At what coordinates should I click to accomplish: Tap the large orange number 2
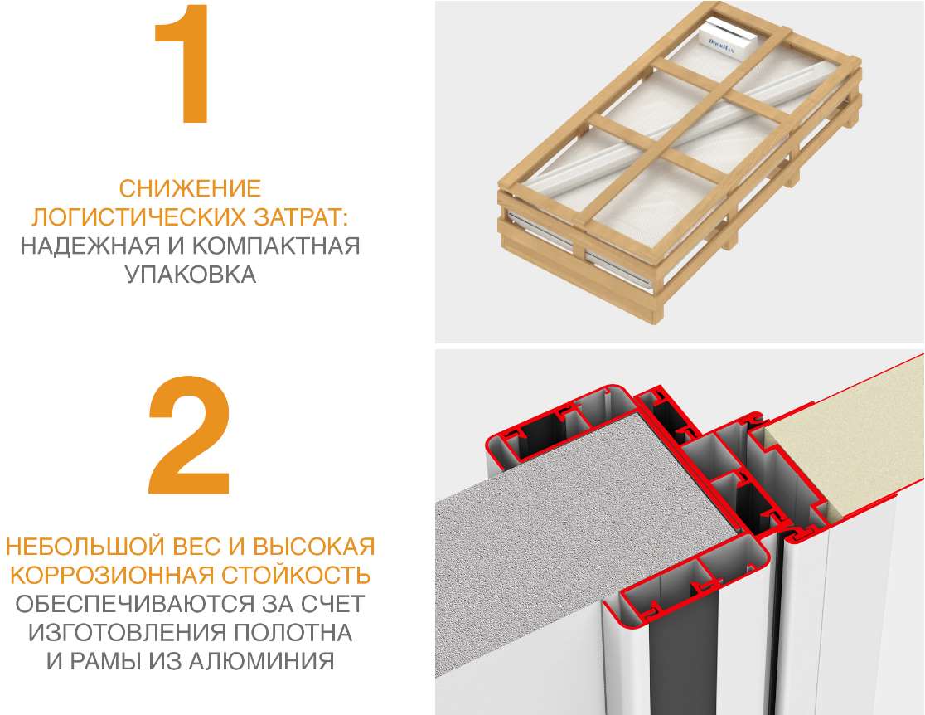pyautogui.click(x=189, y=435)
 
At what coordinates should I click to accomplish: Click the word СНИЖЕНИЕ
pyautogui.click(x=190, y=189)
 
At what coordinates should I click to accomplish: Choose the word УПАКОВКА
pyautogui.click(x=191, y=275)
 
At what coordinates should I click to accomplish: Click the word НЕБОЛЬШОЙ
pyautogui.click(x=85, y=547)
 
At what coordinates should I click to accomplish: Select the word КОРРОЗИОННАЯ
pyautogui.click(x=112, y=575)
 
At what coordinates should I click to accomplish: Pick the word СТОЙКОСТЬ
pyautogui.click(x=296, y=575)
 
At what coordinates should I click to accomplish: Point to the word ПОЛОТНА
pyautogui.click(x=293, y=633)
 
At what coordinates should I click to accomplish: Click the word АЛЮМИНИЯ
pyautogui.click(x=262, y=661)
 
